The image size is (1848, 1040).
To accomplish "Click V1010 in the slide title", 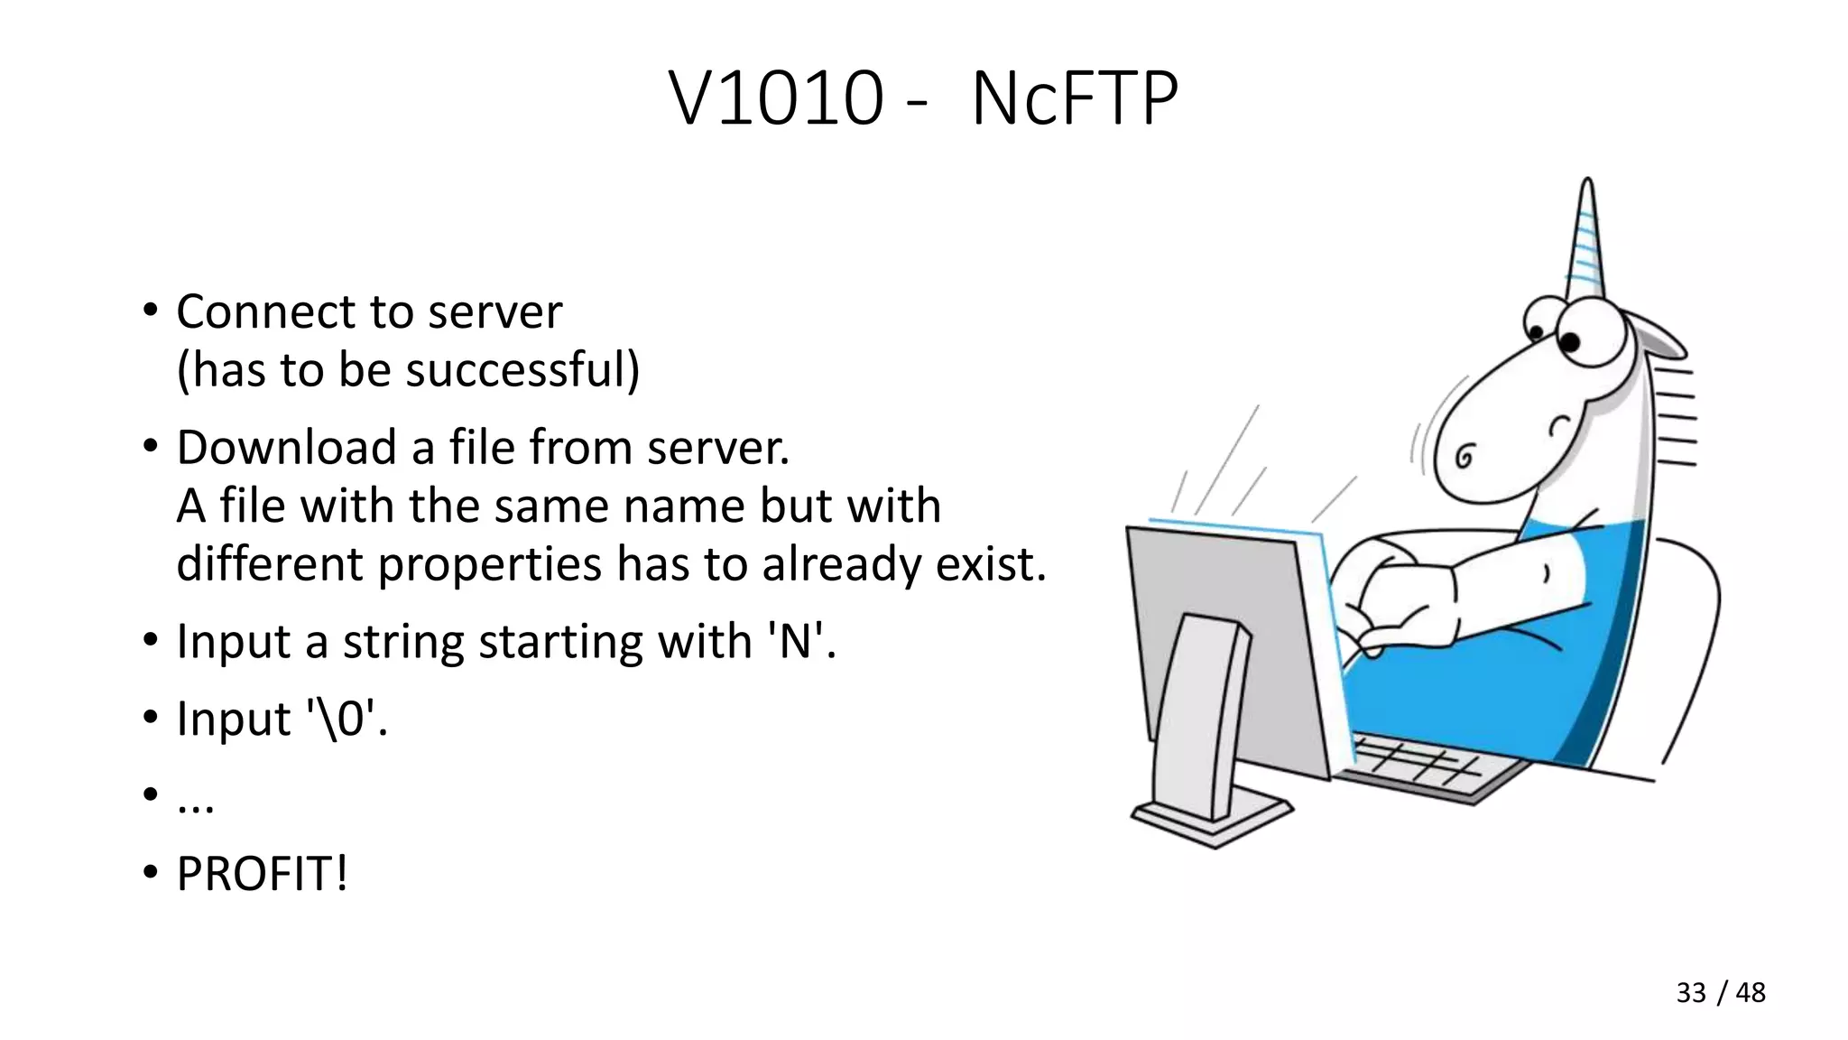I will coord(776,99).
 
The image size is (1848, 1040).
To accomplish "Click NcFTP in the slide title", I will coord(1074,99).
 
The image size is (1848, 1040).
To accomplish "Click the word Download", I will coord(286,448).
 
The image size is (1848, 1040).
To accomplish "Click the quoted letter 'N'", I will coord(796,642).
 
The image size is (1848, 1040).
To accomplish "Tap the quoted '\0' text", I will coord(344,720).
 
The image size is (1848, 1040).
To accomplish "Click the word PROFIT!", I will coord(262,874).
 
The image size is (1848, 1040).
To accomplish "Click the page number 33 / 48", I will coord(1720,992).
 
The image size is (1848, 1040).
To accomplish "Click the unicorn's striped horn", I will coord(1585,244).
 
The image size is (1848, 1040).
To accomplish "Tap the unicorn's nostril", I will coord(1465,458).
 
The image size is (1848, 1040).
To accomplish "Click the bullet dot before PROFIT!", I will coord(150,873).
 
